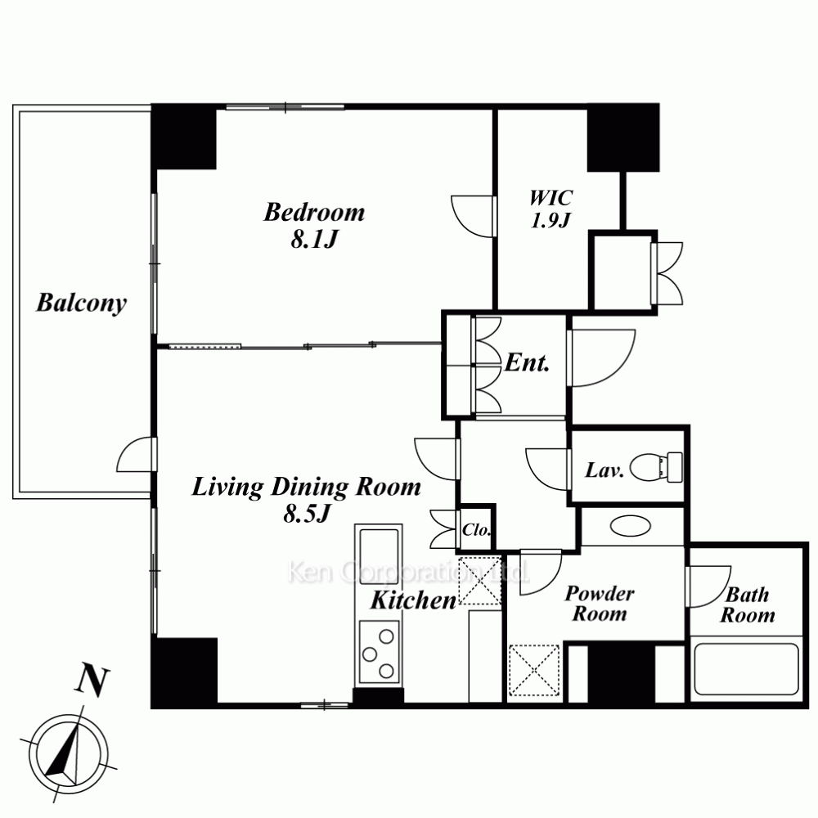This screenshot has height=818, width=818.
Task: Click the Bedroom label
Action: pos(314,213)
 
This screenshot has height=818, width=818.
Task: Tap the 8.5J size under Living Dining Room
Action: pos(308,514)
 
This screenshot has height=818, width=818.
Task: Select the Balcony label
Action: pos(81,303)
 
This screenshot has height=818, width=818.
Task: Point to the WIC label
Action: pos(551,197)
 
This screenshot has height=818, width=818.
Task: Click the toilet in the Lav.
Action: pos(656,467)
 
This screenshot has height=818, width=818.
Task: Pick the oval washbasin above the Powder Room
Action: pos(631,526)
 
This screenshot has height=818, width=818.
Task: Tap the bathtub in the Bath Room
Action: pos(746,669)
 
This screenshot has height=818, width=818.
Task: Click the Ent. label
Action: pos(527,363)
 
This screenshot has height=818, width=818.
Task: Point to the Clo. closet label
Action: pos(476,531)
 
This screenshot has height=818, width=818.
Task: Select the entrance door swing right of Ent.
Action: pos(601,358)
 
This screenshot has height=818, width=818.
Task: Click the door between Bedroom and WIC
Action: pos(473,216)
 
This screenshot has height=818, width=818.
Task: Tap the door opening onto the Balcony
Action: pos(137,454)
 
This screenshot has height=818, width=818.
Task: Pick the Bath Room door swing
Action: pos(708,587)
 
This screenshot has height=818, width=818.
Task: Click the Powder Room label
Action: pos(600,604)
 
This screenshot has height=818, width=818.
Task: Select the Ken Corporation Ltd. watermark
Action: pos(408,573)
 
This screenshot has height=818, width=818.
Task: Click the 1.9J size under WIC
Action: pos(551,221)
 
